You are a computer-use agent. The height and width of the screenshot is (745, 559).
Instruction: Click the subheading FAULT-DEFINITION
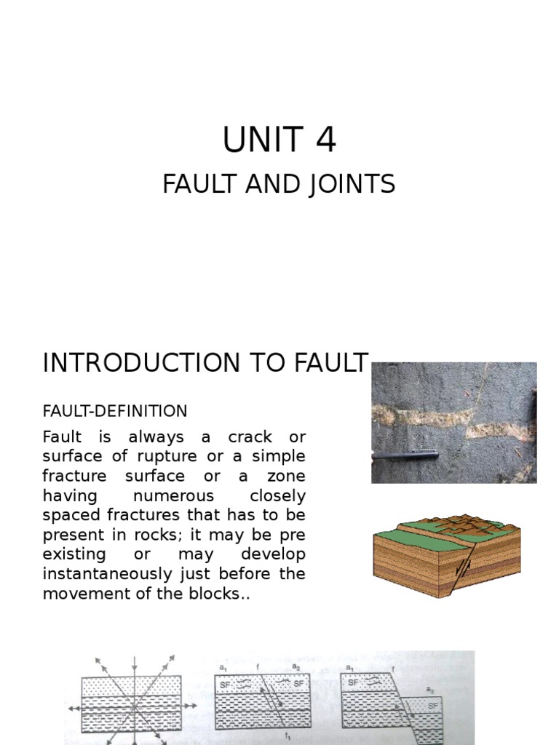tap(115, 411)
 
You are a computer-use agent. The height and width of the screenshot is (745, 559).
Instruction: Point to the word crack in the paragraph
tap(250, 437)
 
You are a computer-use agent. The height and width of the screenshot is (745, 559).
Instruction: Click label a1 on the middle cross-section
tap(223, 666)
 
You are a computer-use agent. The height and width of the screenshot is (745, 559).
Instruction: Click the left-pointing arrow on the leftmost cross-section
tap(71, 706)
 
